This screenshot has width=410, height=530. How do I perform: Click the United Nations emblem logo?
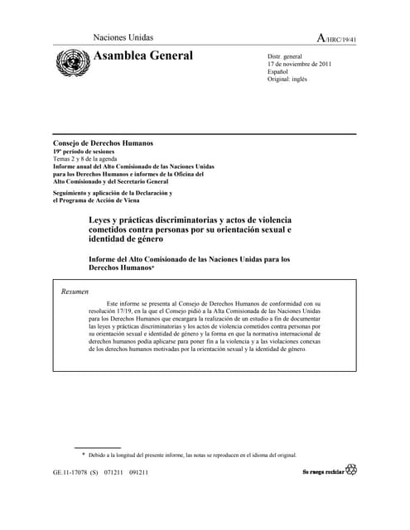click(72, 62)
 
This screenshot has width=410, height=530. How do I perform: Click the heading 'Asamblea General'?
click(144, 55)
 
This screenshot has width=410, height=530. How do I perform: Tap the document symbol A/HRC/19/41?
click(336, 38)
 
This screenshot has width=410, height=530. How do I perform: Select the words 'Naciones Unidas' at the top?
click(123, 37)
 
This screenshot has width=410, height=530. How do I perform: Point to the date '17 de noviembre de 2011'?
click(299, 64)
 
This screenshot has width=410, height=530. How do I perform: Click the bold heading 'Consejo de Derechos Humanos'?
click(103, 143)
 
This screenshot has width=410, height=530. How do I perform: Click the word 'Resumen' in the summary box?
click(75, 291)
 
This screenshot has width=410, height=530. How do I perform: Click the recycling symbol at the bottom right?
click(351, 470)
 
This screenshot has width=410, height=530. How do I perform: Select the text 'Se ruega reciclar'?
click(322, 471)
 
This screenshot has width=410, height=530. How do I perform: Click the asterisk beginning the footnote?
click(83, 455)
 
